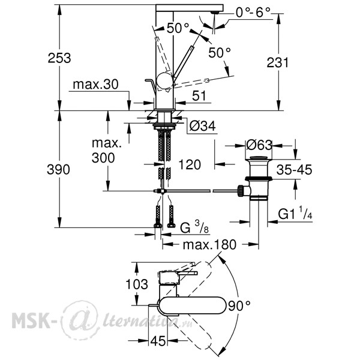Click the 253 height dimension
coord(59,58)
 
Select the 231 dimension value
coord(277,62)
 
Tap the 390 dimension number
coord(58,170)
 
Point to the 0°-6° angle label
coord(253,13)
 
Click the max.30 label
coord(95,84)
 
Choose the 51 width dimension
coord(199,96)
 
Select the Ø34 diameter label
coord(203,126)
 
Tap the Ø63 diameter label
coord(259,145)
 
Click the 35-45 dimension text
coord(294,170)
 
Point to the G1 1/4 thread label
coord(295,213)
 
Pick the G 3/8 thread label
coord(194,227)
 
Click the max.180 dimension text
coord(209,245)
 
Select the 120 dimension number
coord(190,164)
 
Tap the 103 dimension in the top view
coord(137,284)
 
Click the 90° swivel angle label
coord(239,306)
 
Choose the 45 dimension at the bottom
coord(158,341)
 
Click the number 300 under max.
coord(103,158)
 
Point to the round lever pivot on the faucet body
coord(165,81)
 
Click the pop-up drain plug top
coord(259,158)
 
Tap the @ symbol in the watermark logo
coord(80,320)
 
